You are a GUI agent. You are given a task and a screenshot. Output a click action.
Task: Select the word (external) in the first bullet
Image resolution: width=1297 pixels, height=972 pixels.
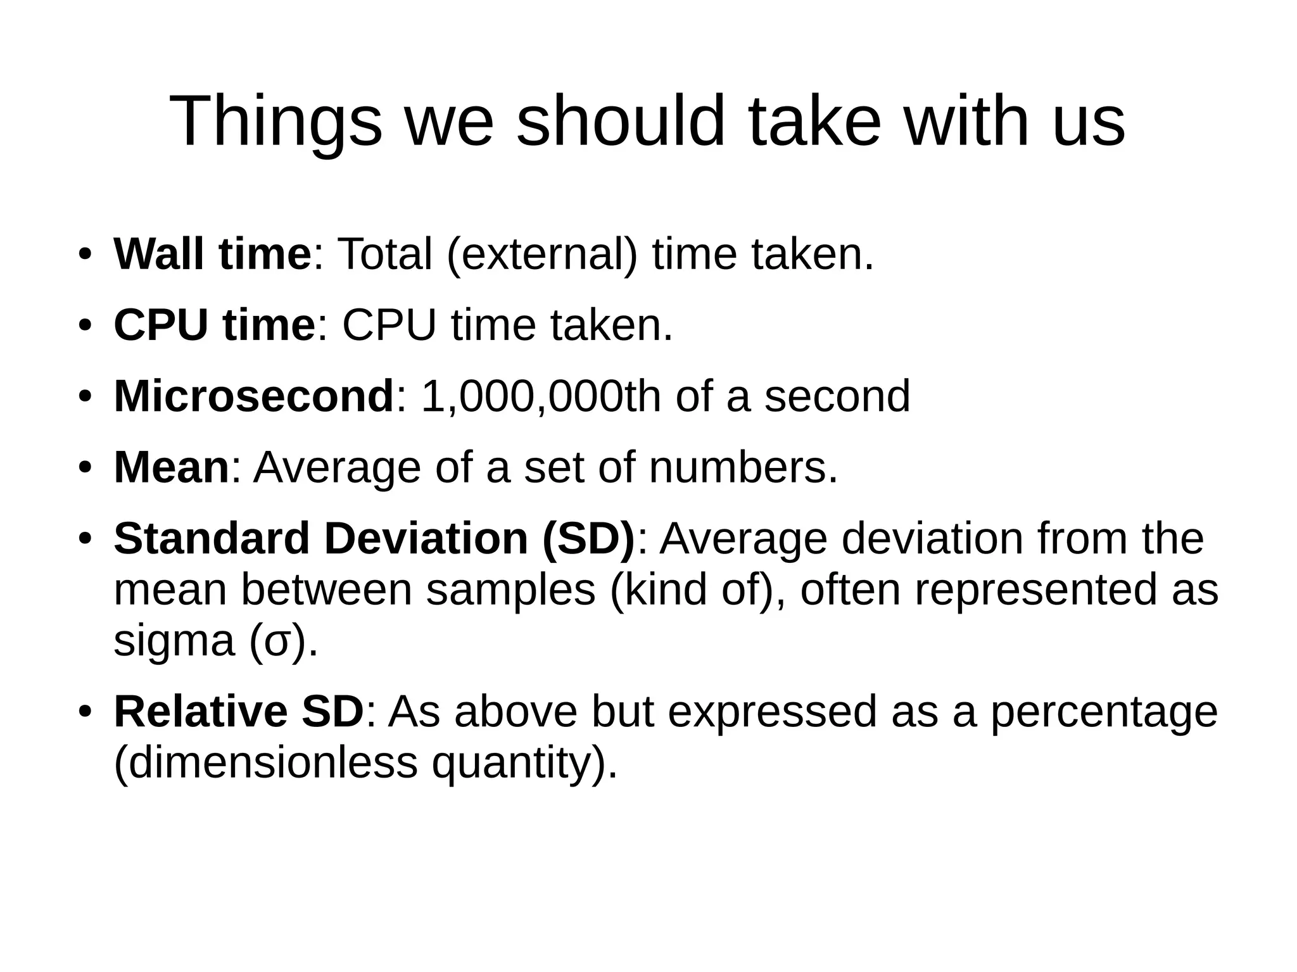pyautogui.click(x=541, y=255)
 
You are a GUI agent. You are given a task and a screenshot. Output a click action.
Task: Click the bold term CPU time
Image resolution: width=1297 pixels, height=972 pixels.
pyautogui.click(x=214, y=325)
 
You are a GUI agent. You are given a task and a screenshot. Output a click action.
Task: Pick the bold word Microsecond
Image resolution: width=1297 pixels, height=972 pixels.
pyautogui.click(x=254, y=396)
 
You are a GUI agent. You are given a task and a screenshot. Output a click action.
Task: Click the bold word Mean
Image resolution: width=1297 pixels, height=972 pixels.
pyautogui.click(x=171, y=468)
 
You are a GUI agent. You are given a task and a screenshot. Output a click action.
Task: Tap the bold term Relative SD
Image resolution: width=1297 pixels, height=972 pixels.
pyautogui.click(x=239, y=712)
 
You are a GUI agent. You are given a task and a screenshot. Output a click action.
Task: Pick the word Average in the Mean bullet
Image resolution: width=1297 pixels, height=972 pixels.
pyautogui.click(x=337, y=468)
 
